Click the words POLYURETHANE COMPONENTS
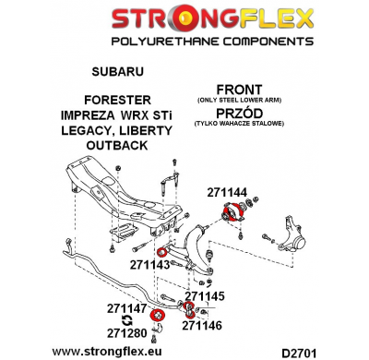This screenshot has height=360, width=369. point(184,42)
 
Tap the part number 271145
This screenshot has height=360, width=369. point(206,297)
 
